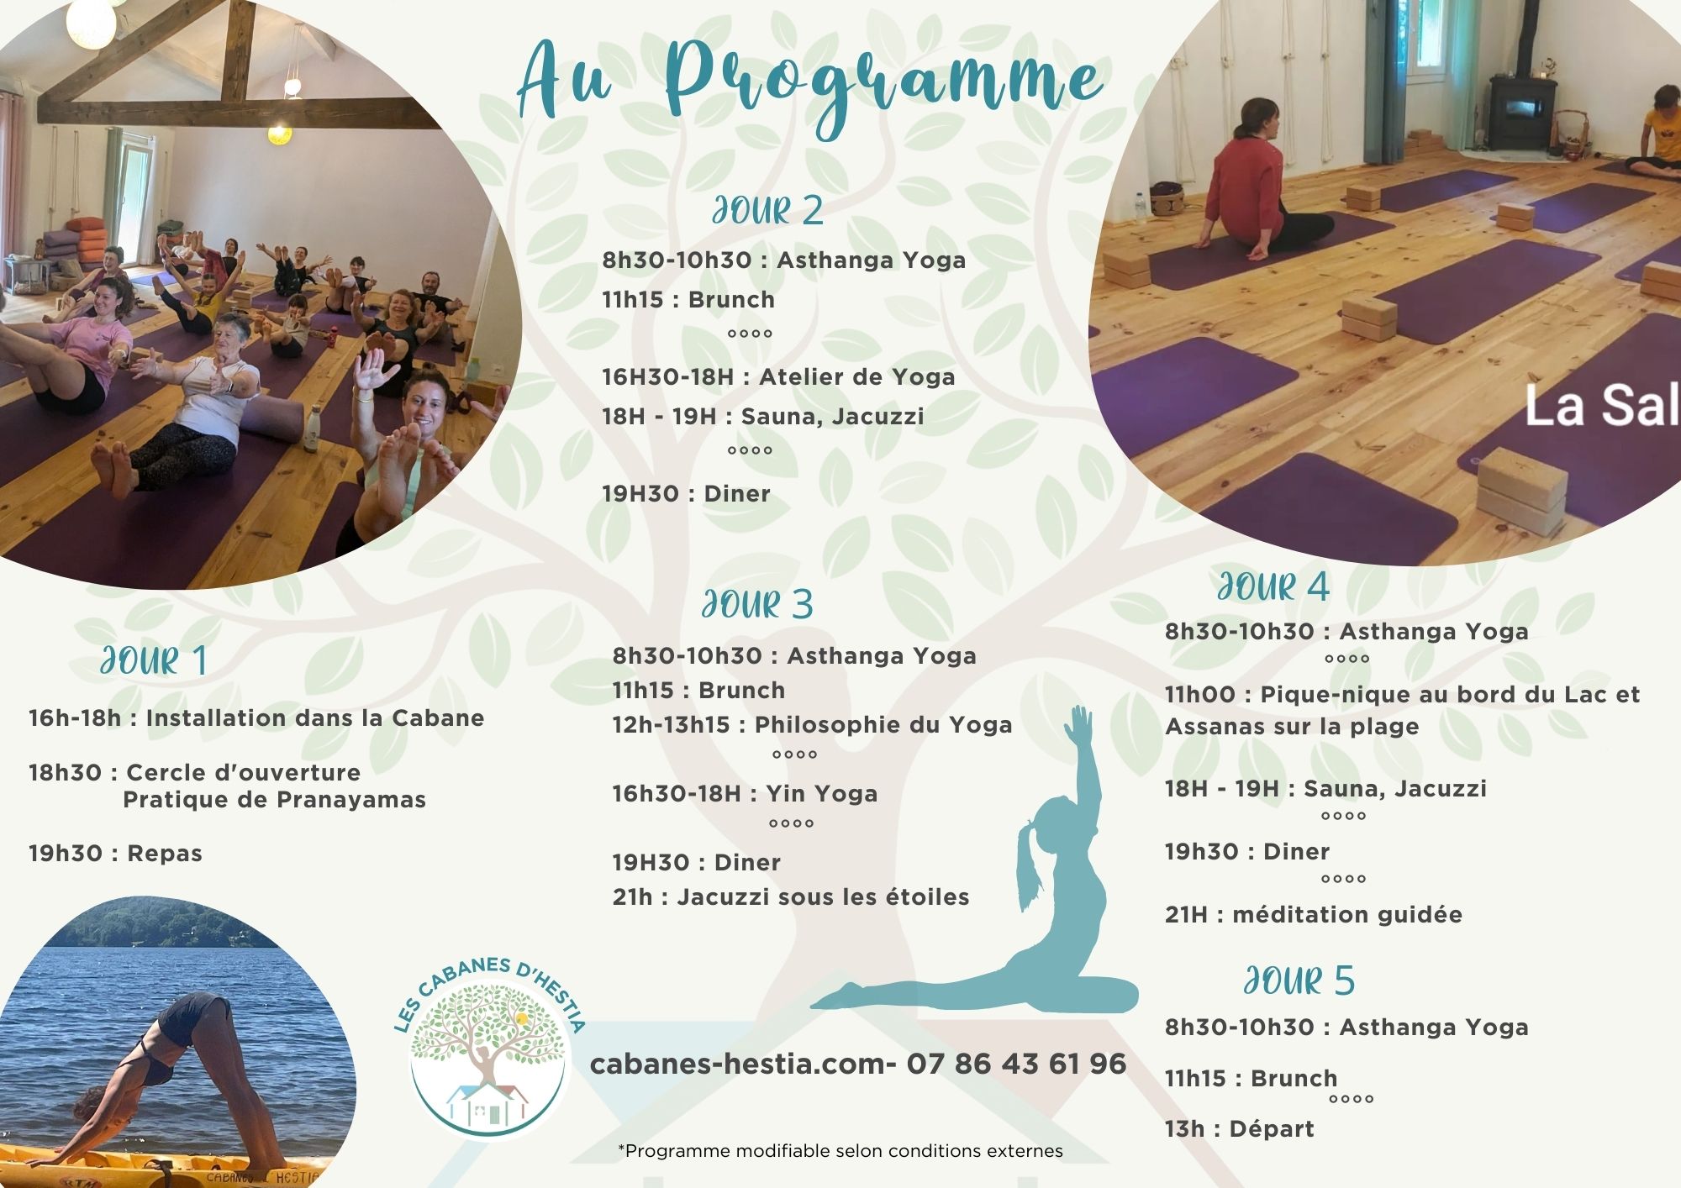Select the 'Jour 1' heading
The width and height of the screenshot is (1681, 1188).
point(154,661)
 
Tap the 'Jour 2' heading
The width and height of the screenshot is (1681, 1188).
point(767,211)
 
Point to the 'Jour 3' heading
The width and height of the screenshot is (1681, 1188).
point(757,605)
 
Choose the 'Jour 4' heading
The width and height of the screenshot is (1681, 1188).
point(1273,586)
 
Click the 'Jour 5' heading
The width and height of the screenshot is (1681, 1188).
point(1299,980)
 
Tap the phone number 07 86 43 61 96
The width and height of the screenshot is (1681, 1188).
point(1016,1064)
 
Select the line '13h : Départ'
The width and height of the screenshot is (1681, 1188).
point(1239,1128)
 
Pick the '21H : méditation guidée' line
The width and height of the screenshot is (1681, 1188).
point(1314,914)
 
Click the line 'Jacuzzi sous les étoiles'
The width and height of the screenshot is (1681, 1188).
point(823,897)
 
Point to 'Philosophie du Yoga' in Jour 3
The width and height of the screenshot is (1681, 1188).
point(883,725)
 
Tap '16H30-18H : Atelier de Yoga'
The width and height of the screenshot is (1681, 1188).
point(778,377)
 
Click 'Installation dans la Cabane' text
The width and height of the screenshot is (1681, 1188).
point(315,718)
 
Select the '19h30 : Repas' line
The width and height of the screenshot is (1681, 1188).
point(115,854)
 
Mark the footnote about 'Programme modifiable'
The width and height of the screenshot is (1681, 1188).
point(840,1151)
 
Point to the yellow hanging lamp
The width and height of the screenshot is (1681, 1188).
point(279,134)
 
